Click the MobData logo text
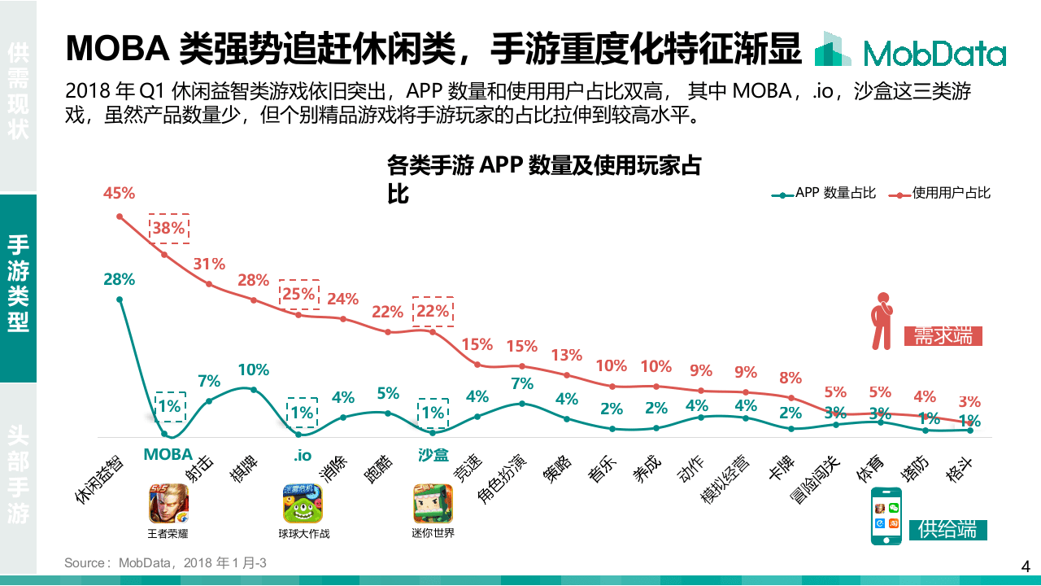[x=934, y=54]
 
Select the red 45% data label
[x=119, y=194]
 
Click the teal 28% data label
[x=119, y=279]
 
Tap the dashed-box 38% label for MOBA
[x=168, y=229]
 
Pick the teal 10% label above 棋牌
[x=253, y=370]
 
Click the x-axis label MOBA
[x=168, y=454]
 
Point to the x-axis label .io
[x=303, y=455]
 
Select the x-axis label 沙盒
[x=433, y=455]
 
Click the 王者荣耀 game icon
[x=168, y=504]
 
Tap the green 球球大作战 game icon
[x=303, y=504]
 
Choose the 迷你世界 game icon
[x=433, y=504]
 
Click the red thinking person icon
[x=881, y=321]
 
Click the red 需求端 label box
[x=943, y=335]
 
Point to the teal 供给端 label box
[x=947, y=529]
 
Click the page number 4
[x=1025, y=566]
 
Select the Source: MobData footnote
[x=166, y=563]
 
